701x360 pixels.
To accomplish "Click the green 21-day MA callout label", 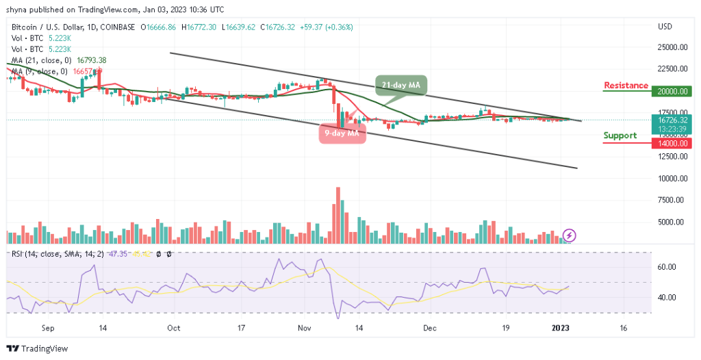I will click(x=401, y=85).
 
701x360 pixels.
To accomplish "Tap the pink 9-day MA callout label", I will click(x=342, y=133).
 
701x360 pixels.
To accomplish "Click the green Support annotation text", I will click(x=620, y=136).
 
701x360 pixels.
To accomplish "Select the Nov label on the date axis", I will click(x=303, y=328).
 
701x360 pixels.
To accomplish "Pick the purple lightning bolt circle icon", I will click(x=570, y=235).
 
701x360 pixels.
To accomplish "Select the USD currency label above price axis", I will click(x=665, y=27).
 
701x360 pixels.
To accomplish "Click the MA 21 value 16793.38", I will click(x=80, y=60).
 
